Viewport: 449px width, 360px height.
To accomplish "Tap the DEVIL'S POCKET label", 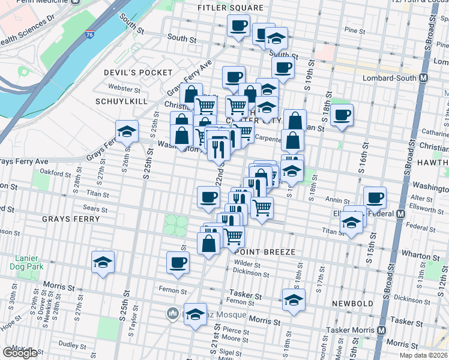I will coord(130,73).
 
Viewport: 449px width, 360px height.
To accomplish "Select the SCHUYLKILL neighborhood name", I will coord(121,101).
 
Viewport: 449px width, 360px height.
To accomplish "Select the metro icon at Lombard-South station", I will coord(424,78).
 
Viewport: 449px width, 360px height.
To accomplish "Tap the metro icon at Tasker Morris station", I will coord(382,331).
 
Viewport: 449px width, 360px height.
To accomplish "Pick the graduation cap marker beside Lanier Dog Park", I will coord(103,262).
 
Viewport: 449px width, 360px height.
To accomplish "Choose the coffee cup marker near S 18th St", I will coord(342,114).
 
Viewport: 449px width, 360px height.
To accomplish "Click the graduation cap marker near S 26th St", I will coord(127,131).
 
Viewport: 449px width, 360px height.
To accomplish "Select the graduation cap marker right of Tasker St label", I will coord(294,299).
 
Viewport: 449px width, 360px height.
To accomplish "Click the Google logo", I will coord(20,353).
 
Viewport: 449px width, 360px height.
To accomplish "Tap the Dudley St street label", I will coord(73,345).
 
